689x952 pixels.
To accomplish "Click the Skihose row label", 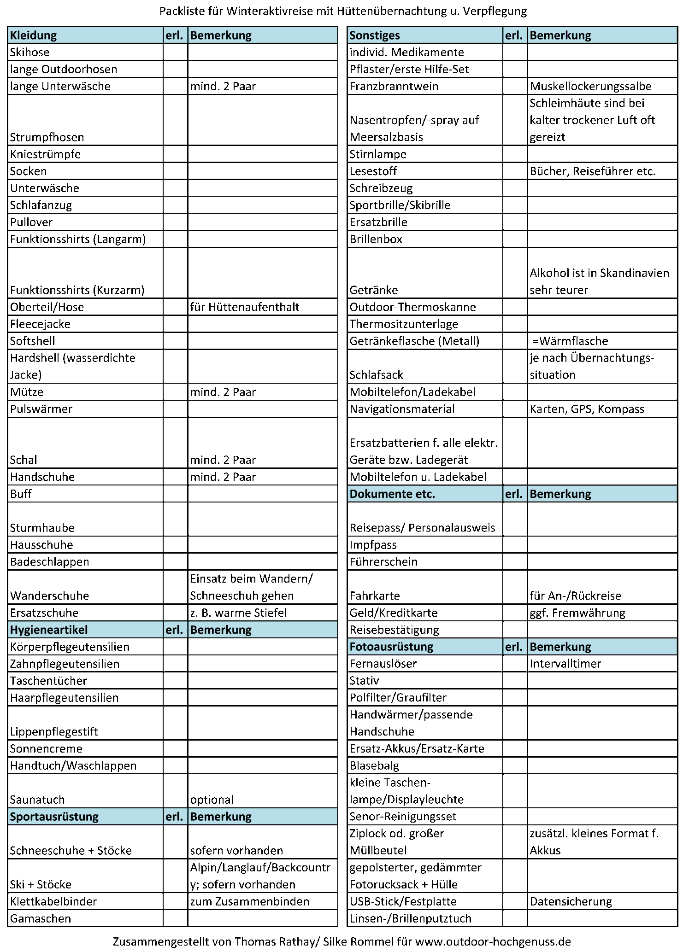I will [x=30, y=52].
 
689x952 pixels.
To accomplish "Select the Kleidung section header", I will [x=34, y=35].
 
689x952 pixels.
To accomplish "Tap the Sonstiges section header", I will [x=375, y=35].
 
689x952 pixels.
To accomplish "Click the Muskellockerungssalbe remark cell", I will [x=590, y=86].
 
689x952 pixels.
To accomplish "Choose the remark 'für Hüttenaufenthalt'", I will [x=245, y=307].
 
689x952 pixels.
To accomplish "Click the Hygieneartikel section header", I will [x=49, y=630].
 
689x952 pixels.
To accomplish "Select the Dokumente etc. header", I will [x=392, y=494].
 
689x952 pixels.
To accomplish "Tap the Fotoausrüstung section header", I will [x=391, y=647].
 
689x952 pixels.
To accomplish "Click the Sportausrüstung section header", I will [x=54, y=817].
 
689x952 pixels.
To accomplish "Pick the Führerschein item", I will [x=383, y=562].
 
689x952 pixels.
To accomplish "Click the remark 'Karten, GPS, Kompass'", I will [x=587, y=409].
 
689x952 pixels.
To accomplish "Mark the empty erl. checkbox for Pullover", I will [x=175, y=222].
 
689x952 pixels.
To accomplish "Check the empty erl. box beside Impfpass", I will [x=515, y=545].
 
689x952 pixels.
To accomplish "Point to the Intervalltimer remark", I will [x=565, y=664].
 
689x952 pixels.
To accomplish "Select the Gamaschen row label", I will [x=41, y=919].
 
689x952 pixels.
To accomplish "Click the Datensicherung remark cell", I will [x=571, y=902].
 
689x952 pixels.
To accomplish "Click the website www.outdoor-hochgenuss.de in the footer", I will [x=493, y=941].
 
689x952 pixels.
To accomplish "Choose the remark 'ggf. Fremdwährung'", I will [x=577, y=613].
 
